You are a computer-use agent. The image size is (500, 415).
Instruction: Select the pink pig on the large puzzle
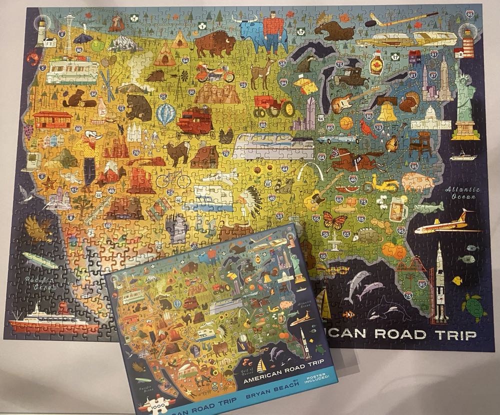[417, 182]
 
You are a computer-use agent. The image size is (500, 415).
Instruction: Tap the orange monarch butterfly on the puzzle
[332, 219]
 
